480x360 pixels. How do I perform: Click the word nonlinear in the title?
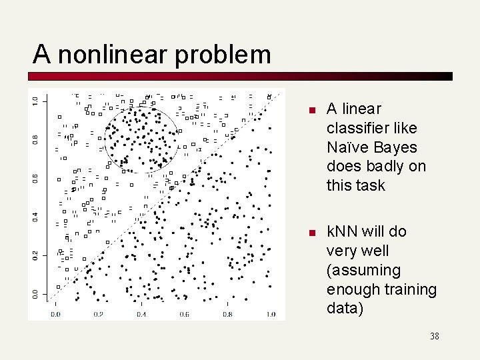[113, 54]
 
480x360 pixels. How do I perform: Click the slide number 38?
[434, 336]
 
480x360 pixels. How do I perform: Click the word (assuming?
[363, 270]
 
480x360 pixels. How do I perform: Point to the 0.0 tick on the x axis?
[55, 314]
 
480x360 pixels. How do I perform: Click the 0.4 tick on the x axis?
[141, 314]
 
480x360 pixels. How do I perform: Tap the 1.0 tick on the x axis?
[270, 314]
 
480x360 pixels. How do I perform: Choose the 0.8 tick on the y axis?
[35, 139]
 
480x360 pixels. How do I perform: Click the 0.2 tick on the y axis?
[35, 255]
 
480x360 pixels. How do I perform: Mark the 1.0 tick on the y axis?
[35, 100]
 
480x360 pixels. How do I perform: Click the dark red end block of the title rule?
[449, 77]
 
